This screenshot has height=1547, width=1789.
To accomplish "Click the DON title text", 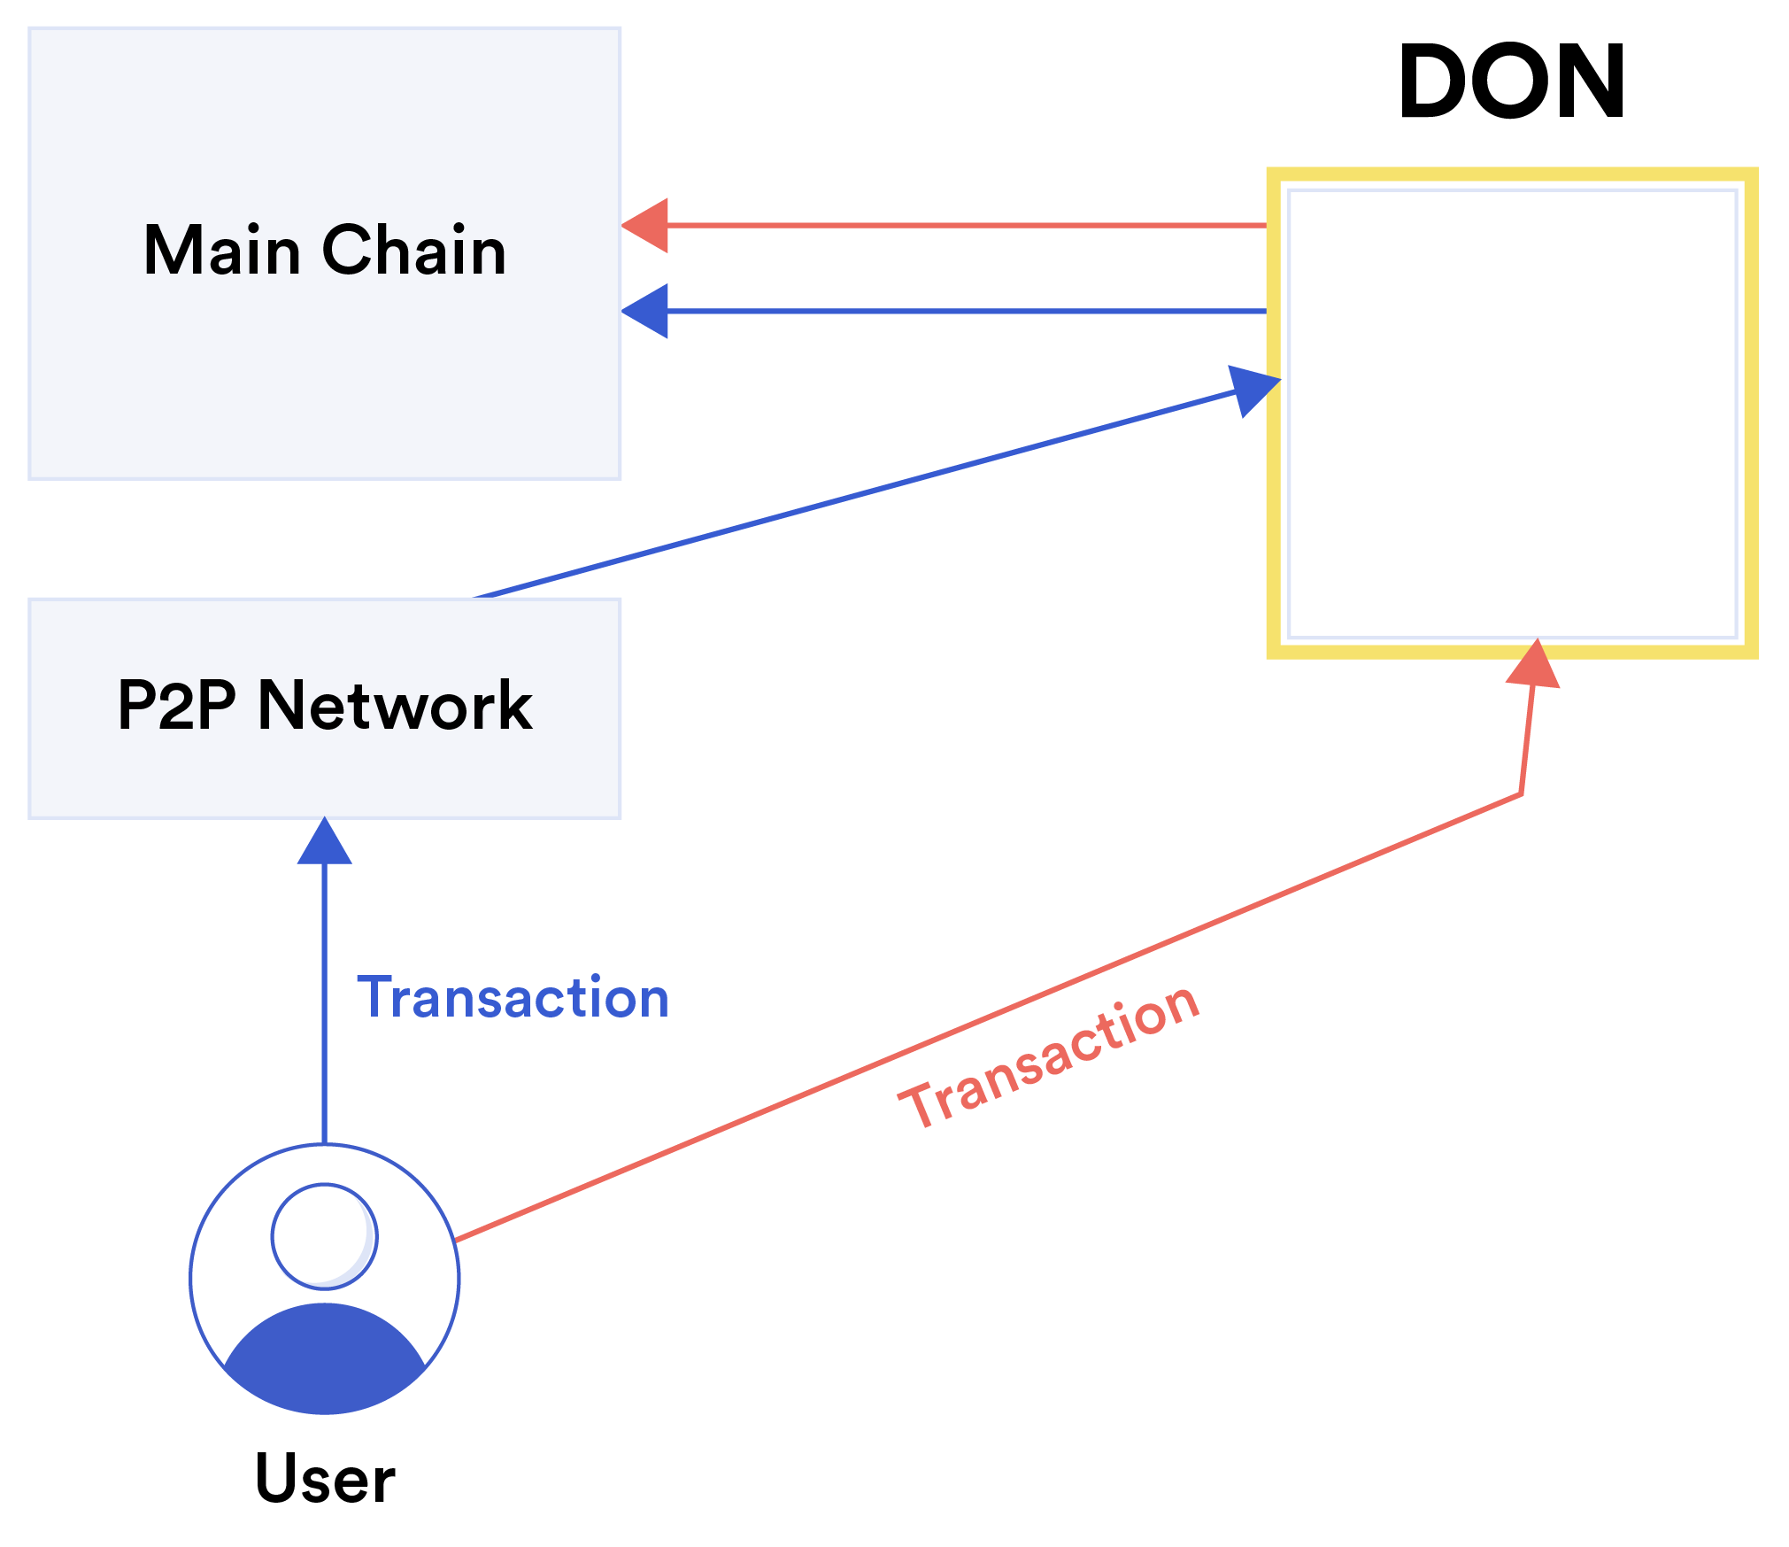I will coord(1511,81).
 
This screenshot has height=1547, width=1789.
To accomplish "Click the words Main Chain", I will coord(325,251).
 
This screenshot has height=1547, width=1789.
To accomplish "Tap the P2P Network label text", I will coord(325,706).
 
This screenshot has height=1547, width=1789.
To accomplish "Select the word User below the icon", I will coord(325,1479).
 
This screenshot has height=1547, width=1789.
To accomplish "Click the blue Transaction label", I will coord(513,998).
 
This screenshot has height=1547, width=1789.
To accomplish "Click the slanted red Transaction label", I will coord(1050,1056).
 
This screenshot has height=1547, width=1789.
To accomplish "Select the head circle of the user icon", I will coord(325,1236).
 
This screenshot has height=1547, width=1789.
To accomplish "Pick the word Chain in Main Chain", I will coord(414,251).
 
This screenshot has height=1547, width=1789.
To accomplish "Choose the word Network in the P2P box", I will coord(395,706).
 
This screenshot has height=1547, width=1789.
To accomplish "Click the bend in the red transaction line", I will coord(1521,794).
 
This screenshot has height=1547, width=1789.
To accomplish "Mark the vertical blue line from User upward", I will coord(325,1018).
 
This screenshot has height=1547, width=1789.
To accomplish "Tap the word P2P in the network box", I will coord(176,706).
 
